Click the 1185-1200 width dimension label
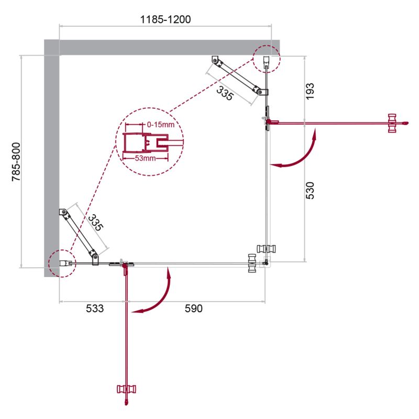pos(166,19)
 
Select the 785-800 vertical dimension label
pos(16,162)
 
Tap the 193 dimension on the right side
pos(310,92)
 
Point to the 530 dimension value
pos(310,191)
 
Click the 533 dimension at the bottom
pos(95,308)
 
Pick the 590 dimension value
pos(194,308)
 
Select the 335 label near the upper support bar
pos(225,93)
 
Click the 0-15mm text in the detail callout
pos(161,125)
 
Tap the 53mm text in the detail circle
pos(145,158)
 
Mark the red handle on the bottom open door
pos(126,389)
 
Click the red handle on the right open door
pos(392,123)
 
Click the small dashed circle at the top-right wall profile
pos(267,59)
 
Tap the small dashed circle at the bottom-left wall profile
pos(62,263)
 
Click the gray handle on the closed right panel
pos(266,249)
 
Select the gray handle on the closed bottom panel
pos(252,263)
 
